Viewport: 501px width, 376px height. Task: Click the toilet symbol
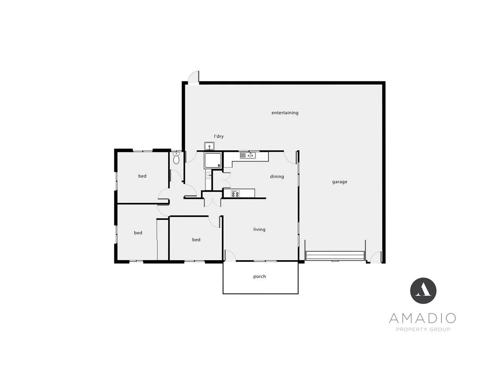pyautogui.click(x=176, y=158)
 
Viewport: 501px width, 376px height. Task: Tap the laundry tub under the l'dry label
pyautogui.click(x=210, y=146)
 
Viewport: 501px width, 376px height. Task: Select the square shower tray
pyautogui.click(x=213, y=160)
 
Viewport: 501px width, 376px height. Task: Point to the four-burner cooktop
pyautogui.click(x=235, y=193)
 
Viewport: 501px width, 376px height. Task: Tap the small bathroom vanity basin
pyautogui.click(x=208, y=176)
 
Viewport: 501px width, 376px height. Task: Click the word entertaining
pyautogui.click(x=285, y=113)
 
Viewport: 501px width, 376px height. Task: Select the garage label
pyautogui.click(x=339, y=182)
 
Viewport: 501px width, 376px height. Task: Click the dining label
pyautogui.click(x=277, y=176)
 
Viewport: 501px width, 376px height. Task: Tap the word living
pyautogui.click(x=259, y=229)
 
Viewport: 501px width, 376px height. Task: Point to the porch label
pyautogui.click(x=259, y=277)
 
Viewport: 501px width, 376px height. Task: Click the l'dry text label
pyautogui.click(x=219, y=136)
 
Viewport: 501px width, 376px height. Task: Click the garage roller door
pyautogui.click(x=335, y=256)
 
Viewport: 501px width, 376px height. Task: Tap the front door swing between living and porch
pyautogui.click(x=230, y=255)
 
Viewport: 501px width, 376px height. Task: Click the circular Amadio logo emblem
pyautogui.click(x=423, y=291)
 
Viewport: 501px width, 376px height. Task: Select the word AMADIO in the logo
pyautogui.click(x=423, y=318)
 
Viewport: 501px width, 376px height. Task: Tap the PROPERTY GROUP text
pyautogui.click(x=423, y=329)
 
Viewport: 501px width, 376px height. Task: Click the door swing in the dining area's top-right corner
pyautogui.click(x=291, y=157)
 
